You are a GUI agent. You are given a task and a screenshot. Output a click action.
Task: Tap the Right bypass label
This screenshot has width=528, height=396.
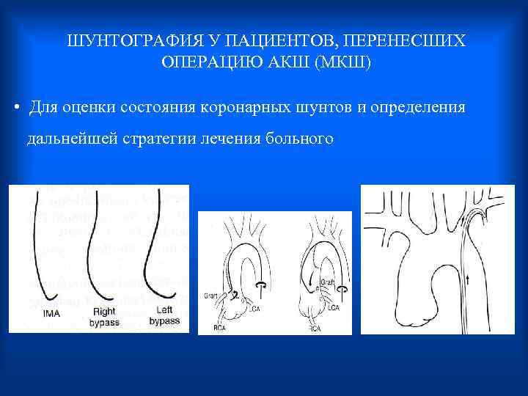click(104, 316)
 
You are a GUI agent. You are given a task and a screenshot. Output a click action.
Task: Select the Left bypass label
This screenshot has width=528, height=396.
click(164, 316)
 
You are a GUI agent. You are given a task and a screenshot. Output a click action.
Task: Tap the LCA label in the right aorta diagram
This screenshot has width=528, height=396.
click(334, 307)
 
